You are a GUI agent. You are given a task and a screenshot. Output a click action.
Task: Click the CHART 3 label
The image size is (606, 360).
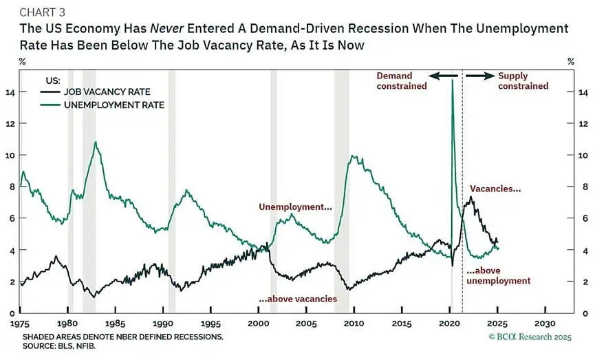click(43, 12)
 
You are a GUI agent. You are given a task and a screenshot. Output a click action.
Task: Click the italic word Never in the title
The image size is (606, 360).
click(166, 29)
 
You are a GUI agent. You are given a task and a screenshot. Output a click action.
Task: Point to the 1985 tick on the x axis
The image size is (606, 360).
click(115, 324)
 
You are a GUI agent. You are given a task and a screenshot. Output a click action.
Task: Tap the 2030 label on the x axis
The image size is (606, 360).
click(545, 324)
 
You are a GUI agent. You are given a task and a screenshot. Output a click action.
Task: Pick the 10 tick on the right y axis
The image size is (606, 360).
click(583, 156)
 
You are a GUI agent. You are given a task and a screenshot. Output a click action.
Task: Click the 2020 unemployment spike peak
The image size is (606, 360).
click(452, 80)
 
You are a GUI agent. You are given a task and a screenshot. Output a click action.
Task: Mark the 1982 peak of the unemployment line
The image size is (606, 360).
click(96, 142)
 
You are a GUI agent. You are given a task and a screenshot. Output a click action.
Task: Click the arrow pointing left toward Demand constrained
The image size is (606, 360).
click(443, 76)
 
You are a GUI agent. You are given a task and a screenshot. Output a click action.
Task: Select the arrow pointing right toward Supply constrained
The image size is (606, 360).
click(480, 76)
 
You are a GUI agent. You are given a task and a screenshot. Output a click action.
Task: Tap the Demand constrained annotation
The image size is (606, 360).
click(402, 81)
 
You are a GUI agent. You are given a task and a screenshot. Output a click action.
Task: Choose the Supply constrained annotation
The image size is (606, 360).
click(523, 81)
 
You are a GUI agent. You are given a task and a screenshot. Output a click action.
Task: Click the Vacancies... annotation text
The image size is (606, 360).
click(495, 189)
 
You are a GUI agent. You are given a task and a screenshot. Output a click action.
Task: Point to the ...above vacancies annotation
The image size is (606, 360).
click(298, 299)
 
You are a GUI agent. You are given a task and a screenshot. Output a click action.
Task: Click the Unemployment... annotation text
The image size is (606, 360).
click(295, 207)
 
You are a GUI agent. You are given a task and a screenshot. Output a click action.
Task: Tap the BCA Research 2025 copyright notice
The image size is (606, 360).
click(530, 337)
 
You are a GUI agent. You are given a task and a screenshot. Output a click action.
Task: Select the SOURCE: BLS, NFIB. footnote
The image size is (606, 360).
click(58, 346)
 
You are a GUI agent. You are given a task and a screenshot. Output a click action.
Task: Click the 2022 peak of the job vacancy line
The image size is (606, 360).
click(470, 197)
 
